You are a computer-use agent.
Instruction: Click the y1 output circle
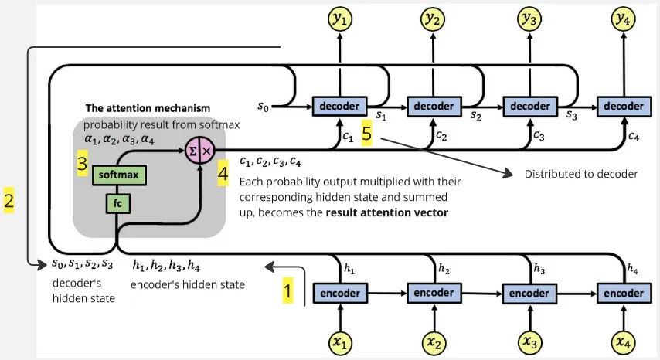[x=339, y=20]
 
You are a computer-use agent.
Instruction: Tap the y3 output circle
[x=529, y=20]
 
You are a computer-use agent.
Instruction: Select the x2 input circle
[x=434, y=341]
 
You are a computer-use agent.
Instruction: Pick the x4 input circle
[x=624, y=341]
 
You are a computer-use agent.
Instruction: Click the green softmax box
[x=119, y=175]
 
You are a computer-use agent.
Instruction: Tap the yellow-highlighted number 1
[x=288, y=291]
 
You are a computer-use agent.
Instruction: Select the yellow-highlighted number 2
[x=9, y=202]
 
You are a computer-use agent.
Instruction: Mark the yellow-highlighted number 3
[x=81, y=165]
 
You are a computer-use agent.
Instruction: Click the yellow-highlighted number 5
[x=367, y=134]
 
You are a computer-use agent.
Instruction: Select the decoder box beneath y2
[x=434, y=106]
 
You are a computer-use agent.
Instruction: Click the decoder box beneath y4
[x=624, y=106]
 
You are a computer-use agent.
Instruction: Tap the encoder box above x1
[x=339, y=294]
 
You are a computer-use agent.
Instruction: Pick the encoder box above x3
[x=529, y=294]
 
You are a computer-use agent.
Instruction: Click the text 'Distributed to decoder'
[x=581, y=174]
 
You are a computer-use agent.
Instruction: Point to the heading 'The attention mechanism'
[x=147, y=107]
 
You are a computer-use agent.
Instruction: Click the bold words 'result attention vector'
[x=386, y=212]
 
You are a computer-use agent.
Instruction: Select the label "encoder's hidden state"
[x=188, y=284]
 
